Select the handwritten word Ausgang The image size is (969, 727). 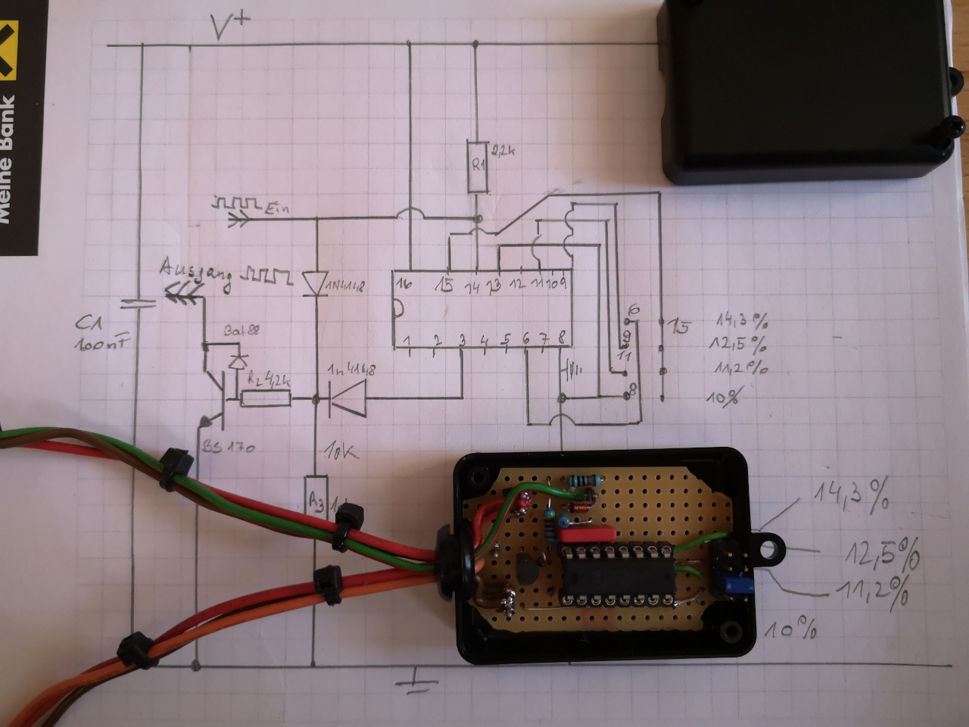196,275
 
